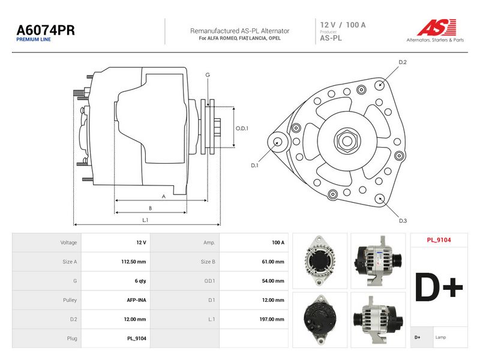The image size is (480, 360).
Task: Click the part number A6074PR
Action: tap(46, 30)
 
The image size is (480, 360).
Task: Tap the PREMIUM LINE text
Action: tap(34, 40)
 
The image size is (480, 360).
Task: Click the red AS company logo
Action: tap(437, 27)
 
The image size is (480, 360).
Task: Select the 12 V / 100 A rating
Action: tap(343, 25)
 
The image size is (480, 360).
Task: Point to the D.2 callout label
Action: tap(403, 62)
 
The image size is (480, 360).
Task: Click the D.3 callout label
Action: tap(403, 221)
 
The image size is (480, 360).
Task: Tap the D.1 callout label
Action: tap(254, 166)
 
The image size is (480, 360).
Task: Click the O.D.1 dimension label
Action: tap(242, 128)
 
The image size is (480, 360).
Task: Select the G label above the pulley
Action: tap(208, 74)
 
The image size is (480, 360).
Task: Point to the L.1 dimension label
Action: tap(145, 220)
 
